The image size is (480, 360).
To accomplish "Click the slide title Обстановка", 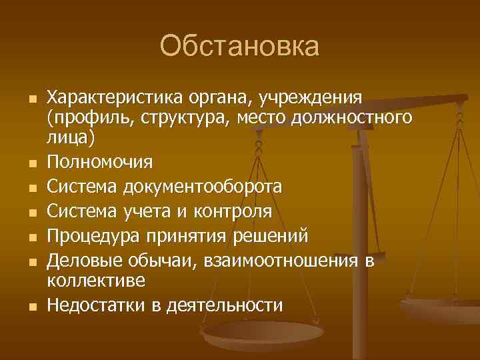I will click(x=240, y=47).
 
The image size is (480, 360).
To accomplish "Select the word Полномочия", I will click(x=99, y=162).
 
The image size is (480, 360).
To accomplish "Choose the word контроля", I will click(x=233, y=212).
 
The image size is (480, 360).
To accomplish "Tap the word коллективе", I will click(x=95, y=281).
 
